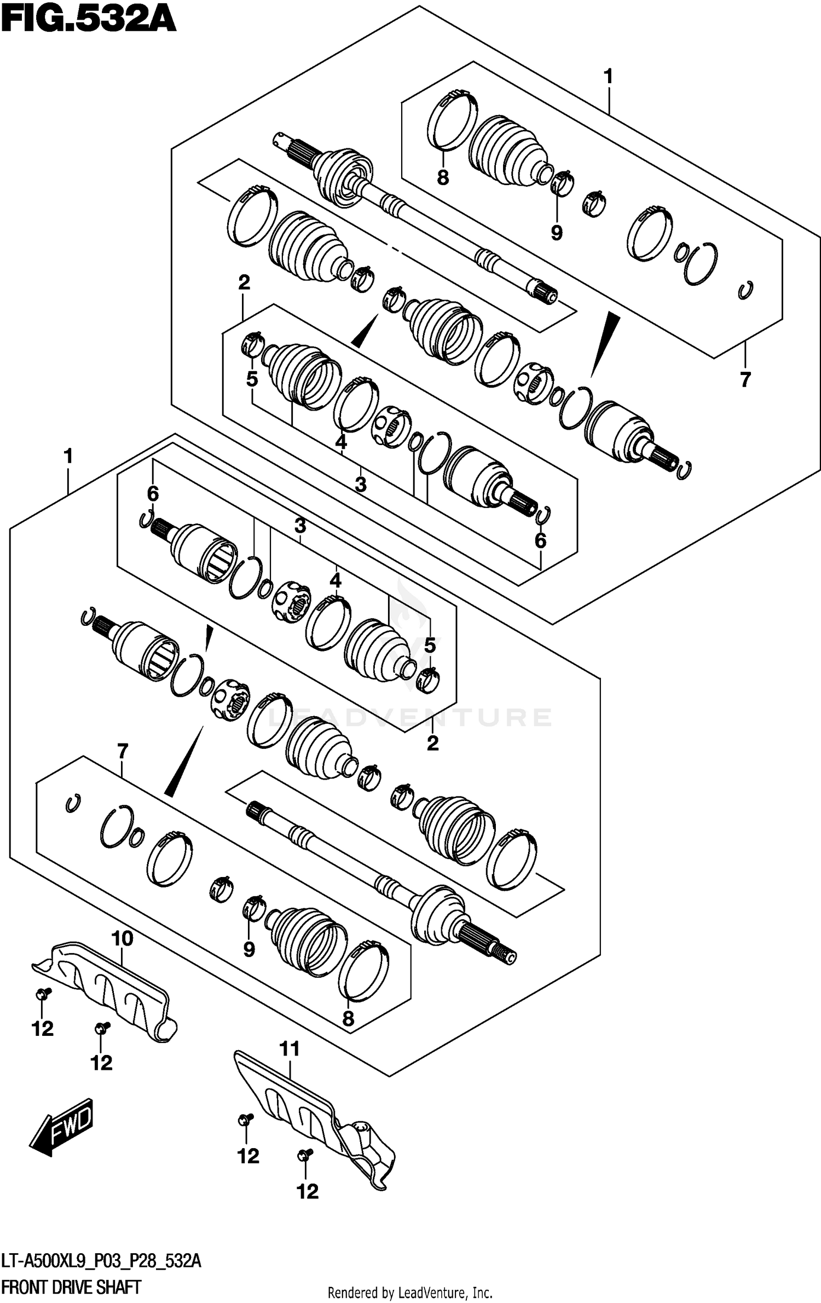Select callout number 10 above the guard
(122, 938)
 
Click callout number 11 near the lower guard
(290, 1049)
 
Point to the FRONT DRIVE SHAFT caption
(72, 1287)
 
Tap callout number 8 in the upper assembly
(443, 178)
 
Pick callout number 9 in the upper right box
(557, 233)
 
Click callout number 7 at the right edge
(745, 379)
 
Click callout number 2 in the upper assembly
(244, 282)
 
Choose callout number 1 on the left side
(68, 456)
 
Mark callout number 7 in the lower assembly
(122, 751)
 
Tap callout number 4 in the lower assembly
(335, 580)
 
